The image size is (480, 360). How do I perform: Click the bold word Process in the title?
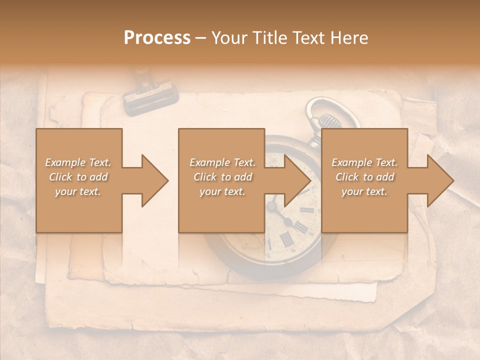[157, 38]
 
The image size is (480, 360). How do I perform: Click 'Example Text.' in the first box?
[78, 162]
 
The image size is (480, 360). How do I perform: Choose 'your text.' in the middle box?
[222, 191]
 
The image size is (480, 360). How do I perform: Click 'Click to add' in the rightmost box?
[365, 177]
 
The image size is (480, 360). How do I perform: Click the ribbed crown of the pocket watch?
[328, 121]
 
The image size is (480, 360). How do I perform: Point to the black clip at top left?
[150, 97]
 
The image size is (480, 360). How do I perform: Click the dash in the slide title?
[201, 38]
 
